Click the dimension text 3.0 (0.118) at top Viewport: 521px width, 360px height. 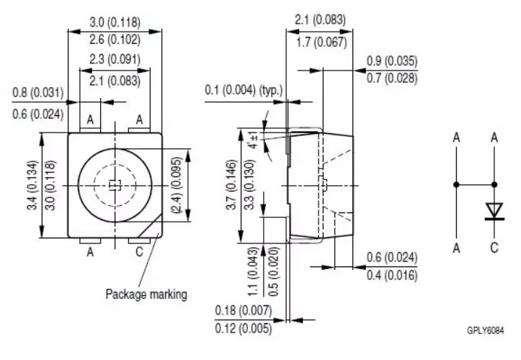[x=115, y=22]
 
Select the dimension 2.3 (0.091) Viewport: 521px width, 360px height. [x=115, y=59]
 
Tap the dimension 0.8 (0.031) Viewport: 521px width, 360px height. [x=38, y=92]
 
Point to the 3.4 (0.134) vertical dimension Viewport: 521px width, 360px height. [x=32, y=185]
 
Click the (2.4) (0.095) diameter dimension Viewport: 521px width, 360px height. [x=177, y=185]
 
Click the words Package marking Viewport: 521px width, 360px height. [x=146, y=294]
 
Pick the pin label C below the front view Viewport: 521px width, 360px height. [x=139, y=252]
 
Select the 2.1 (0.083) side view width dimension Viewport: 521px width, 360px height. [x=320, y=20]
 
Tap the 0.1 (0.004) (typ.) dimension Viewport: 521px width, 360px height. [x=244, y=90]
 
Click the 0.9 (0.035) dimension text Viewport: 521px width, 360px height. [x=392, y=61]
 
